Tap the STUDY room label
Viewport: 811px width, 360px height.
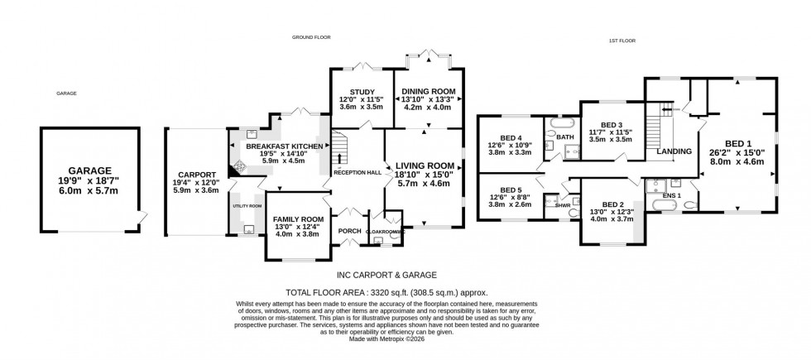click(x=362, y=92)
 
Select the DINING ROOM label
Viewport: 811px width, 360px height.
click(x=428, y=92)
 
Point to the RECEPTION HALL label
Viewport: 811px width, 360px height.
click(x=357, y=172)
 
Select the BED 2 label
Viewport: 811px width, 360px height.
click(x=612, y=204)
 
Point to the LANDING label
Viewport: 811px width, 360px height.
click(x=673, y=151)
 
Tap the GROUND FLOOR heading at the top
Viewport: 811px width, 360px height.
click(x=310, y=37)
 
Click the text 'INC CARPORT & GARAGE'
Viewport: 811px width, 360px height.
click(x=386, y=275)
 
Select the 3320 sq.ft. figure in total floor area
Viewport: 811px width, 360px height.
click(x=429, y=292)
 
